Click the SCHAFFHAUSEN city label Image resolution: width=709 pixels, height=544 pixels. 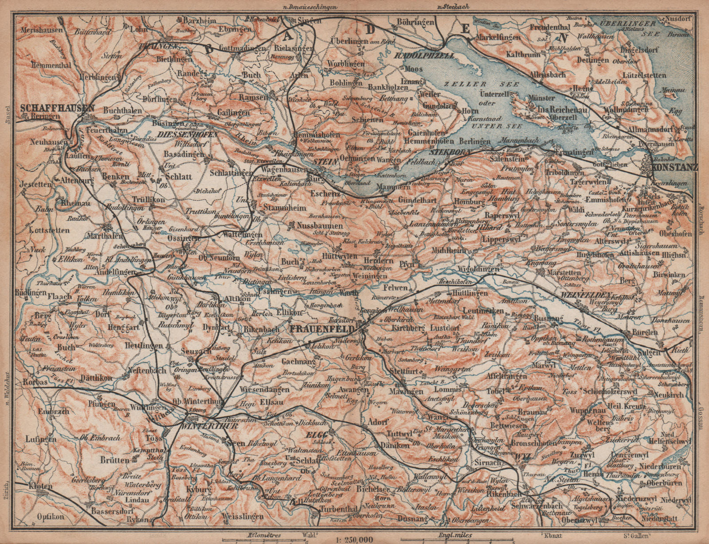tap(57, 108)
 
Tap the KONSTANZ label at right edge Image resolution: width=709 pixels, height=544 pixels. tap(675, 167)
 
